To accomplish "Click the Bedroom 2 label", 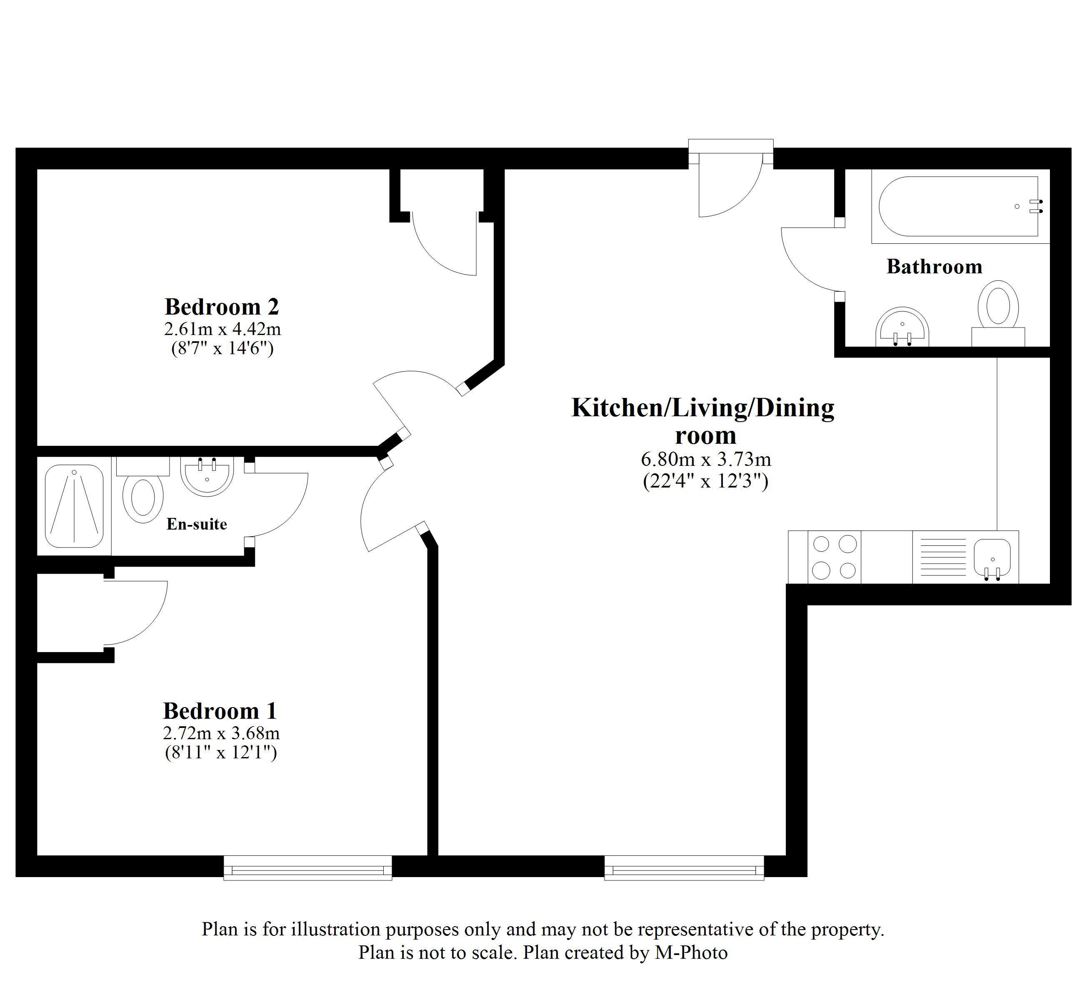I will pos(222,307).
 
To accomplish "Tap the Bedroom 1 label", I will pos(220,710).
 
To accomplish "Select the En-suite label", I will pos(196,524).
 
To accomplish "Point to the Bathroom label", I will pos(934,266).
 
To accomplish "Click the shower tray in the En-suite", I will pos(74,505).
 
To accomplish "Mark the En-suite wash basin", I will pos(207,475).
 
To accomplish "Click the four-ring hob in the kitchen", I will pos(834,557).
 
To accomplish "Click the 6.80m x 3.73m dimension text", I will pos(705,460).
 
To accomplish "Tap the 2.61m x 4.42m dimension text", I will pos(222,328).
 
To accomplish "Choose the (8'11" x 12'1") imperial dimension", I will pos(221,752).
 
